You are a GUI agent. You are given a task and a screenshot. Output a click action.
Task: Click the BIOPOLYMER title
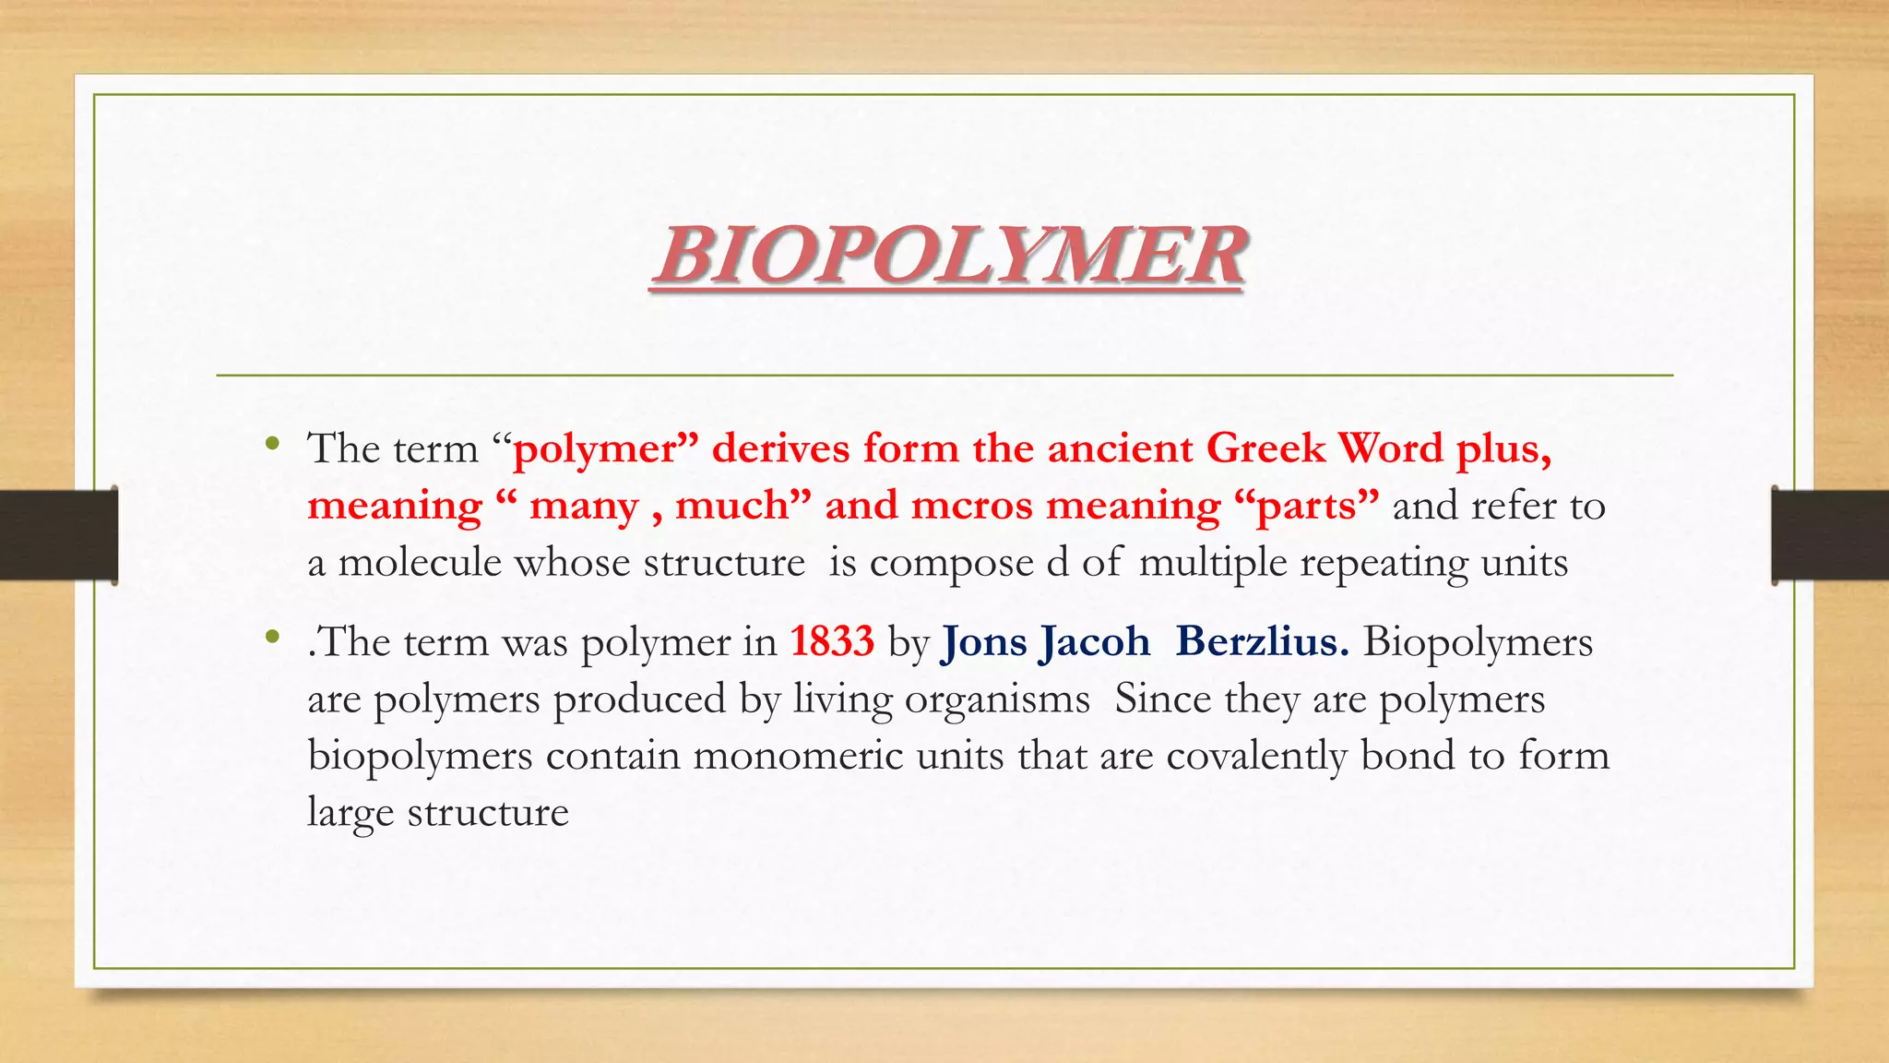[949, 256]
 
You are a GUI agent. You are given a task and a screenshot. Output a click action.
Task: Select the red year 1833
[832, 641]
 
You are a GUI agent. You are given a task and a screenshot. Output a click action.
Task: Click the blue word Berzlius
[1262, 641]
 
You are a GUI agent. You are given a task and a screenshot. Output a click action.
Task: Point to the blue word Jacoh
[1096, 643]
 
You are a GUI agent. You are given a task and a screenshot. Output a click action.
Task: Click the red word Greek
[1265, 448]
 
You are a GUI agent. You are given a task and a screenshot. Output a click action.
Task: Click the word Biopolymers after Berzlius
[1478, 643]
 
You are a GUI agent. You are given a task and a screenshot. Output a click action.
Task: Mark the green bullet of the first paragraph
[271, 444]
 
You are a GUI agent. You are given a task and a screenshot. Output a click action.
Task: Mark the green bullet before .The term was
[271, 637]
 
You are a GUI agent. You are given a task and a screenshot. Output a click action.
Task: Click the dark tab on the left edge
[58, 535]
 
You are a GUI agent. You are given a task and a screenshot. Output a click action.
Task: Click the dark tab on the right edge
[1830, 535]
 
